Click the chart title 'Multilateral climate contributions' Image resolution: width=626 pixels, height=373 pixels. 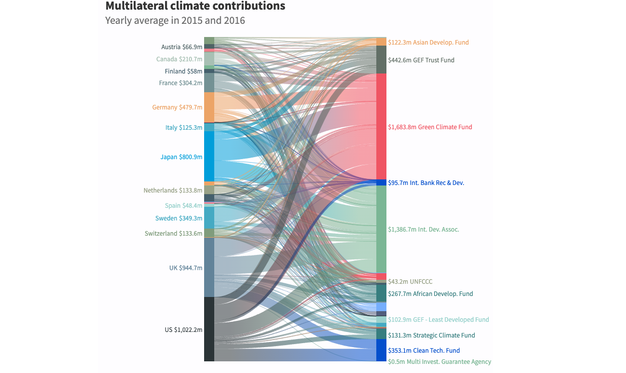click(x=195, y=6)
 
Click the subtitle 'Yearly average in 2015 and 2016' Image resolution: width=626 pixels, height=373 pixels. click(x=175, y=21)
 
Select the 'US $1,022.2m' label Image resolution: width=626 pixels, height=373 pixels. click(x=183, y=330)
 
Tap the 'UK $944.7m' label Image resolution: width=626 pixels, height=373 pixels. click(x=185, y=268)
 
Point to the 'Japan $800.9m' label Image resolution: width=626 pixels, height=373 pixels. click(x=181, y=157)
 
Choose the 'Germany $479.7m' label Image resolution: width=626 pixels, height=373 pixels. click(x=177, y=107)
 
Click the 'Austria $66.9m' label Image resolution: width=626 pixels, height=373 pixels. click(x=181, y=47)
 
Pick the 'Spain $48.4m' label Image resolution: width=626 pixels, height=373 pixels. click(x=183, y=206)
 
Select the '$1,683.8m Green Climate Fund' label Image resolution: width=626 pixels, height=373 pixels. click(x=430, y=127)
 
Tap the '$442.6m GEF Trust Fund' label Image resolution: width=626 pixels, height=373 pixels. click(x=421, y=60)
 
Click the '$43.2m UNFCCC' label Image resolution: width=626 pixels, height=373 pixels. click(x=410, y=282)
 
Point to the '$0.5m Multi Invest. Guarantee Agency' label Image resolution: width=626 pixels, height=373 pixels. click(x=439, y=362)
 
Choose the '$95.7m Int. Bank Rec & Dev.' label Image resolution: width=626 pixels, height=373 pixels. click(x=426, y=183)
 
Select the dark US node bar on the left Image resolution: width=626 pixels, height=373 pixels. click(x=209, y=329)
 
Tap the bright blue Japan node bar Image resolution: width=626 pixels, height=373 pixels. click(x=209, y=156)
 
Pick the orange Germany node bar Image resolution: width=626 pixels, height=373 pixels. click(x=209, y=107)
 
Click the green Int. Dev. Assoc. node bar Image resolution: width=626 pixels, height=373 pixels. click(x=381, y=229)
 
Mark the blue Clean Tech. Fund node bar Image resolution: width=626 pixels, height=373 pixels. click(x=381, y=350)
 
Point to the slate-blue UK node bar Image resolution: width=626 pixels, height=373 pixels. click(x=209, y=267)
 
